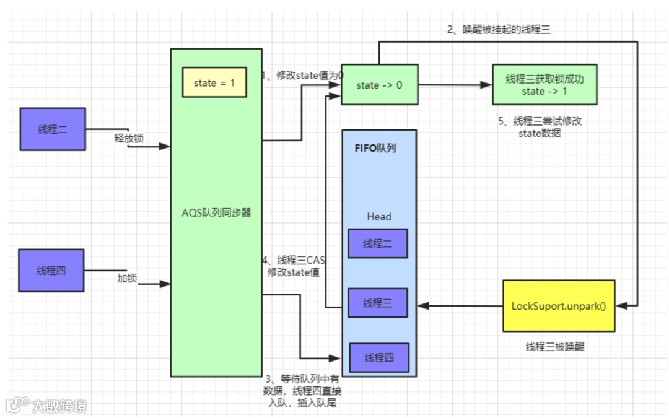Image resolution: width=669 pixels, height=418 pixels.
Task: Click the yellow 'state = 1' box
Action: (214, 83)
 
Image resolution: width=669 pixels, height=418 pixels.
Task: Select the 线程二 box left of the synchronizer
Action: (52, 129)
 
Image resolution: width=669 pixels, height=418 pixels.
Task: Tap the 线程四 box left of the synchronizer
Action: (51, 271)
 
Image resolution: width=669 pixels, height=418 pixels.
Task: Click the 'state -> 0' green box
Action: (379, 85)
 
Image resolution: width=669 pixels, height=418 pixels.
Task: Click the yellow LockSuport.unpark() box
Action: (559, 306)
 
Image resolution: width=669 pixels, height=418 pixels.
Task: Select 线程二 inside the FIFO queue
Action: (377, 243)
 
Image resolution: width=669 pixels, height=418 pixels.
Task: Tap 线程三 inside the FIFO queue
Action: (377, 303)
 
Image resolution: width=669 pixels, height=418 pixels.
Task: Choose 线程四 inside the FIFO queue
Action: (379, 358)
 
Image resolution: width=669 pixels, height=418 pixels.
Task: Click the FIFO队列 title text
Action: (376, 148)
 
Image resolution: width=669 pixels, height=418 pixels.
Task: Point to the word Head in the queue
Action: (378, 217)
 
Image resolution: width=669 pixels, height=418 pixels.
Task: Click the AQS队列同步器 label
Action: (216, 212)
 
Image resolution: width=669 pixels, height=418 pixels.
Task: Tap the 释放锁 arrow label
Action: (128, 138)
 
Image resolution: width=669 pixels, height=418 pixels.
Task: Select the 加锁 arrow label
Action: (127, 278)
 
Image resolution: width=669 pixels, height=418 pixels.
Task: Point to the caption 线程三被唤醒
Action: (554, 347)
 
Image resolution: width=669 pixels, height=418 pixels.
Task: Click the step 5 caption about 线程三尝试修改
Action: (539, 127)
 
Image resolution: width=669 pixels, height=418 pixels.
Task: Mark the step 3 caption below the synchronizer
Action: (303, 391)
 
